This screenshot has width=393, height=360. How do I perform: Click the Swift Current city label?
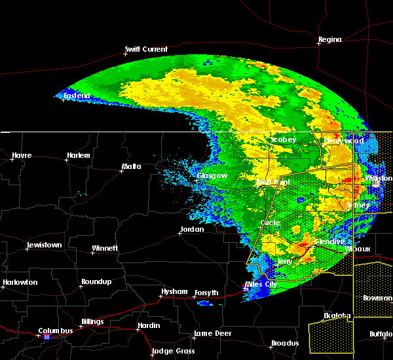pyautogui.click(x=146, y=49)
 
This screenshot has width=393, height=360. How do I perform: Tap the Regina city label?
pyautogui.click(x=329, y=40)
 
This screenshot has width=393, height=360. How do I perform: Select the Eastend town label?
pyautogui.click(x=77, y=96)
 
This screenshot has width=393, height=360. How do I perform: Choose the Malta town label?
pyautogui.click(x=131, y=167)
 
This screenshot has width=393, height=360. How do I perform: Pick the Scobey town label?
pyautogui.click(x=284, y=140)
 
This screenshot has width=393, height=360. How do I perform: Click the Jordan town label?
pyautogui.click(x=192, y=230)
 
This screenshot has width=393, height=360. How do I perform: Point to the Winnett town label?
pyautogui.click(x=105, y=248)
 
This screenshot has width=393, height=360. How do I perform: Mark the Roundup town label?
pyautogui.click(x=96, y=282)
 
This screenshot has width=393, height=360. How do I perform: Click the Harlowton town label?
pyautogui.click(x=20, y=283)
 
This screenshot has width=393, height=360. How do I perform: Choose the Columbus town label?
pyautogui.click(x=56, y=331)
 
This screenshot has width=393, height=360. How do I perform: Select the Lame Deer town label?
pyautogui.click(x=212, y=334)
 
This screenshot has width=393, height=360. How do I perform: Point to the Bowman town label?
pyautogui.click(x=377, y=298)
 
